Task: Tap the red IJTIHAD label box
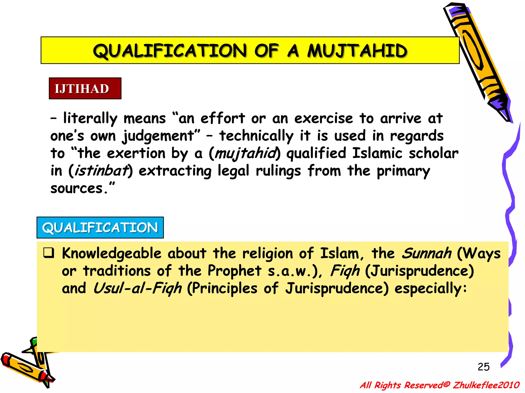point(85,89)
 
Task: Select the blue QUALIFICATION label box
point(100,227)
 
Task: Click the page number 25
point(483,367)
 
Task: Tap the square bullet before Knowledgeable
point(49,253)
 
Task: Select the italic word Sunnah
point(426,253)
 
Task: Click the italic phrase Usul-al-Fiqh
point(137,288)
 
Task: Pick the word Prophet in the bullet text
point(234,271)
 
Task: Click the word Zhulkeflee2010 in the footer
point(486,385)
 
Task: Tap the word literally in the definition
point(90,118)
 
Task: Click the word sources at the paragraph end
point(76,189)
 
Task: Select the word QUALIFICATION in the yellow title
point(170,50)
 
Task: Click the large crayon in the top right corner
point(477,59)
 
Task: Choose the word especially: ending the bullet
point(431,288)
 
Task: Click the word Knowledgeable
point(112,253)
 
